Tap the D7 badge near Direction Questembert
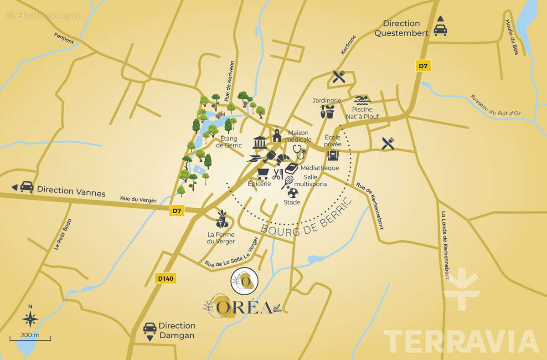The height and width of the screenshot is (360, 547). click(423, 66)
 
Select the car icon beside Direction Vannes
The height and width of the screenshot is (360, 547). click(26, 187)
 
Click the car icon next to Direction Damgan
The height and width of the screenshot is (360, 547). click(150, 329)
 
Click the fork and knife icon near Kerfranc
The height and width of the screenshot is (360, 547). click(339, 77)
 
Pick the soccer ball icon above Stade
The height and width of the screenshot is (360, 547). click(293, 192)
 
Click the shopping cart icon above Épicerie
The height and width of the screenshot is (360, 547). click(262, 172)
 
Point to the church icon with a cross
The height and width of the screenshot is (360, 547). click(276, 135)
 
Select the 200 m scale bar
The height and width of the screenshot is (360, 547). click(30, 338)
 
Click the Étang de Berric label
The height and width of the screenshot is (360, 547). click(231, 142)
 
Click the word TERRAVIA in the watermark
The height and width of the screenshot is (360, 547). click(461, 342)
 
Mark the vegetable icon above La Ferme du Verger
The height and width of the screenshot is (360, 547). click(221, 220)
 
